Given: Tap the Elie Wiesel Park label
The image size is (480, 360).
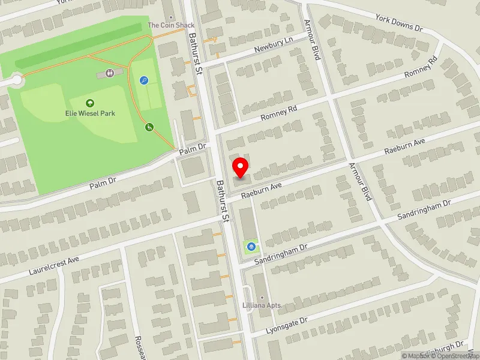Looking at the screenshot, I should (x=91, y=113).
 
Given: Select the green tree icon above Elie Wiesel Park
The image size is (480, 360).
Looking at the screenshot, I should (x=90, y=103).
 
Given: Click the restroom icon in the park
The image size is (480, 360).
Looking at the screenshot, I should (x=110, y=73).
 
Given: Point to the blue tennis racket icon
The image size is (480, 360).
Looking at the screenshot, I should (x=144, y=80).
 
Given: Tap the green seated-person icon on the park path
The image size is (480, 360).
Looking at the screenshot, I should (x=149, y=127).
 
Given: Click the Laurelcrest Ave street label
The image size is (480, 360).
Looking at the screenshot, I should (x=54, y=263).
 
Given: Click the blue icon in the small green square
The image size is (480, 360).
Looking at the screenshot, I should (x=251, y=246).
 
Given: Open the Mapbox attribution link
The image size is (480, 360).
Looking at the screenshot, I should (x=415, y=356).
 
